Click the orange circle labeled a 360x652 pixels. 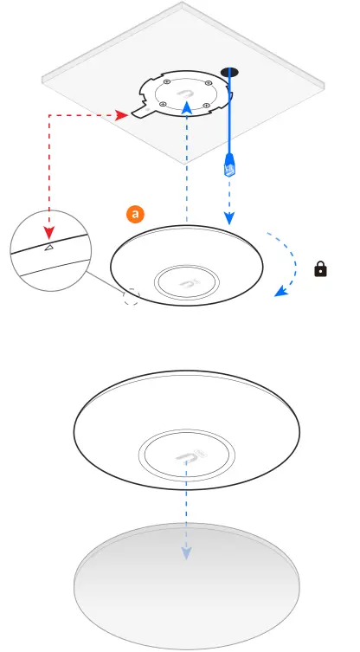(x=135, y=215)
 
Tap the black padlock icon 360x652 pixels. (x=320, y=269)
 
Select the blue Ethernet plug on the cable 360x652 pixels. (x=229, y=165)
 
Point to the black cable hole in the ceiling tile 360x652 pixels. (x=230, y=73)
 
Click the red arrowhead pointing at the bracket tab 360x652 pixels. (x=121, y=115)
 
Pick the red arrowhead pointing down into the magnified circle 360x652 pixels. (x=49, y=233)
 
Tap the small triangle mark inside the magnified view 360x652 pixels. (x=49, y=248)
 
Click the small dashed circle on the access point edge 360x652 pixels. (x=132, y=297)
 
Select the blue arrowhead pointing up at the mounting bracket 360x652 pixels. (x=187, y=107)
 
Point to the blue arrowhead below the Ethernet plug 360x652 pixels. (x=229, y=218)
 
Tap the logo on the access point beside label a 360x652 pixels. (x=187, y=284)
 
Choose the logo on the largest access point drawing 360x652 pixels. (x=187, y=455)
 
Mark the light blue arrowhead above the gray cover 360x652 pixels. (x=186, y=552)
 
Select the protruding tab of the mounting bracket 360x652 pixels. (x=141, y=109)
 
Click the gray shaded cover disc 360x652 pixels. (x=187, y=586)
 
